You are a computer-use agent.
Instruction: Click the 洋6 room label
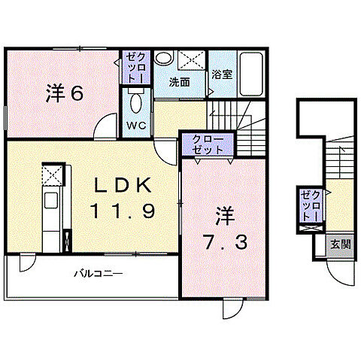(x=65, y=93)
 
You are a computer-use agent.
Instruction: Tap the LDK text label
(x=123, y=186)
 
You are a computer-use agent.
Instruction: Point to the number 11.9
(x=123, y=210)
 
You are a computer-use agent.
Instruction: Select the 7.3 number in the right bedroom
(x=226, y=242)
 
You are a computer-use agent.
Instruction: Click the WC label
(x=136, y=126)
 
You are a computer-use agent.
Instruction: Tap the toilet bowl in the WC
(x=136, y=103)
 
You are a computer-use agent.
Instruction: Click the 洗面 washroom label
(x=179, y=82)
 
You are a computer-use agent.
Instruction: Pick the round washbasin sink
(x=163, y=58)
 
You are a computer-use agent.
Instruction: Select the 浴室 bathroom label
(x=222, y=74)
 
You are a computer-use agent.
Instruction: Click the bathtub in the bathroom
(x=251, y=74)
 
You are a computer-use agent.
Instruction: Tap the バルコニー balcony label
(x=99, y=274)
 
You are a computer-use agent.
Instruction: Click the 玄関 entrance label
(x=341, y=244)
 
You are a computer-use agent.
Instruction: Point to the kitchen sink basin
(x=51, y=200)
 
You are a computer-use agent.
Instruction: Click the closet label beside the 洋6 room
(x=135, y=68)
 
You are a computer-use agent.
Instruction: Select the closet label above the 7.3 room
(x=208, y=144)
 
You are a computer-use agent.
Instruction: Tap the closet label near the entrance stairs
(x=311, y=206)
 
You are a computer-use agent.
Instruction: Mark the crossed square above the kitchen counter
(x=52, y=174)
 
